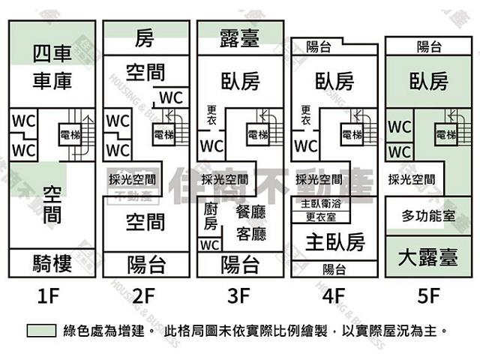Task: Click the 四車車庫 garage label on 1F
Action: tap(52, 67)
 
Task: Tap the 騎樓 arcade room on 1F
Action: tap(52, 263)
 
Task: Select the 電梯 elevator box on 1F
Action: tap(70, 135)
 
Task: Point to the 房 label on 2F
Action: tap(145, 37)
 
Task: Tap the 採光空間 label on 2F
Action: tap(132, 179)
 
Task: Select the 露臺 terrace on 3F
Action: tap(240, 37)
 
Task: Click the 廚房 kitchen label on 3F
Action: tap(211, 217)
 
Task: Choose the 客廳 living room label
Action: tap(250, 234)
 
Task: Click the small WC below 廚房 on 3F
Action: tap(210, 245)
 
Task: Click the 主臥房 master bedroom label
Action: tap(334, 241)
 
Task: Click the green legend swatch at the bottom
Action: tap(40, 330)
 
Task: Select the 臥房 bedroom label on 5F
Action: tap(428, 80)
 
